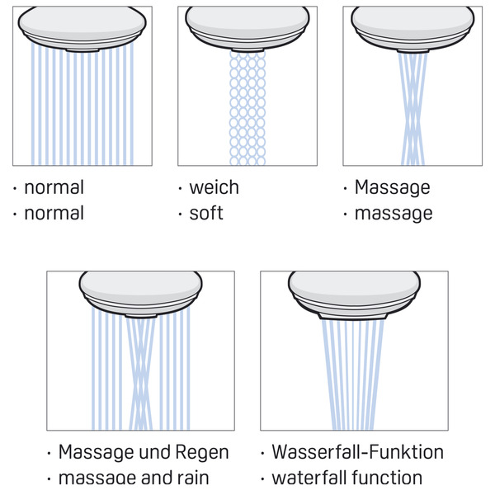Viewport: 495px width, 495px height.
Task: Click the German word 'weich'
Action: pos(214,187)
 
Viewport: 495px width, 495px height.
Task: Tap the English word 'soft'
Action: pos(206,214)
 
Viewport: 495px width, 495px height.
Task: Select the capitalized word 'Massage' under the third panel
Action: pos(392,187)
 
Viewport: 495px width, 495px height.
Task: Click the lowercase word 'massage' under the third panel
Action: pos(393,214)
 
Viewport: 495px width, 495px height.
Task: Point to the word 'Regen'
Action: pos(201,452)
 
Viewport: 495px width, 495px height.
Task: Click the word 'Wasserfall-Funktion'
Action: pos(357,452)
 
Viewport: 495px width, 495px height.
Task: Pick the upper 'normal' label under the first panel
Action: pos(54,187)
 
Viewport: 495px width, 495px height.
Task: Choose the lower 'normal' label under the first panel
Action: pos(54,214)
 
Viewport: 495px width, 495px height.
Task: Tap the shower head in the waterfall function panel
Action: pos(354,294)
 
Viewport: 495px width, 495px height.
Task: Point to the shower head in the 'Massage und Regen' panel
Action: pos(140,294)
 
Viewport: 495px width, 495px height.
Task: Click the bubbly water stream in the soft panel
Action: pos(247,107)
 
